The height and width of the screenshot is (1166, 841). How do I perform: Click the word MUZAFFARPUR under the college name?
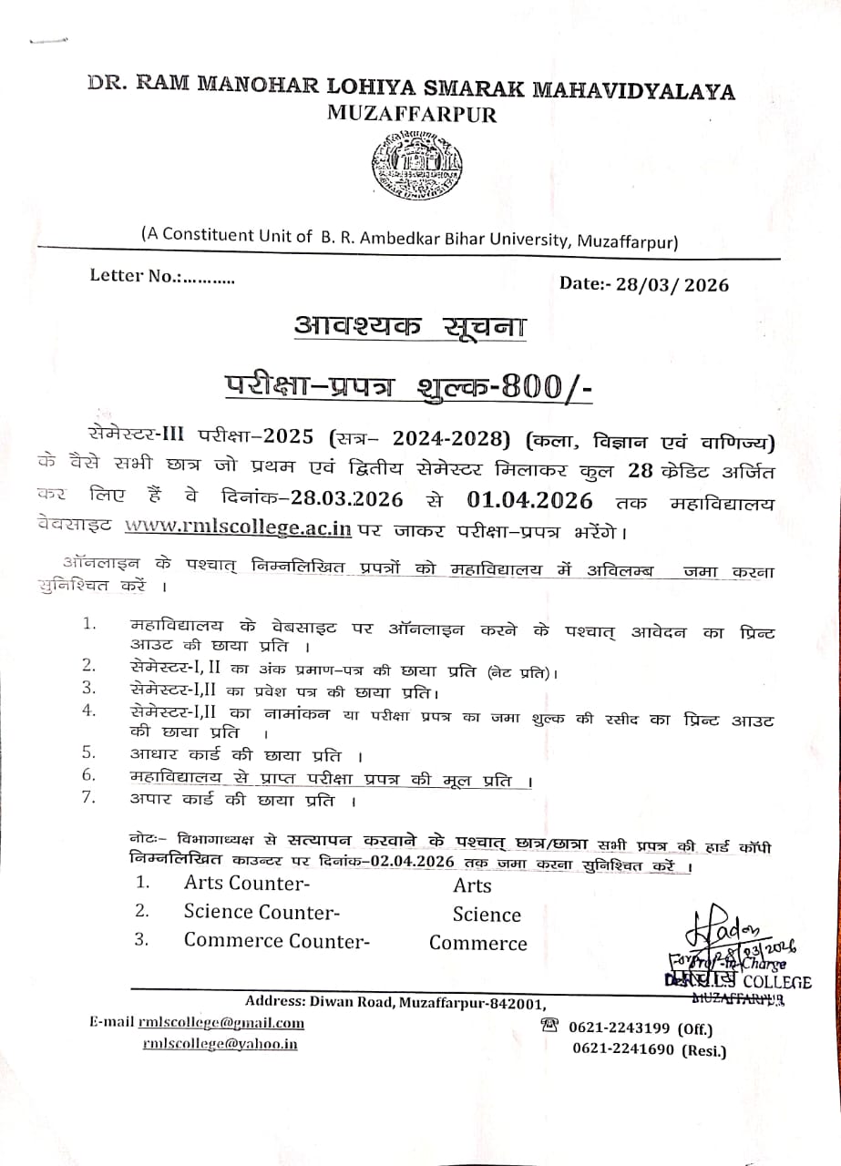(410, 114)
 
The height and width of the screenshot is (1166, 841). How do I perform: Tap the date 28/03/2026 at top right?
(677, 285)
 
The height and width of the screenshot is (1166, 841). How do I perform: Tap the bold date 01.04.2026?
(529, 500)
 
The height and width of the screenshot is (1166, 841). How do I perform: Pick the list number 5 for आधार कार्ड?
(89, 752)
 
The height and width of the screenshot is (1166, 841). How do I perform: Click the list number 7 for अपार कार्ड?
(89, 799)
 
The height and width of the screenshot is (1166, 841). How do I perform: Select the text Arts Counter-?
(246, 883)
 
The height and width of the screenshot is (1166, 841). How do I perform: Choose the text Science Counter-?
(262, 912)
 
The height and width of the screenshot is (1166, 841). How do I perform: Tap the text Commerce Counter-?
(276, 941)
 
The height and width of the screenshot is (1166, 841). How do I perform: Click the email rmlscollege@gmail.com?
(221, 1023)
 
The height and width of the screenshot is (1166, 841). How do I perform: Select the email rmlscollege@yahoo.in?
(220, 1044)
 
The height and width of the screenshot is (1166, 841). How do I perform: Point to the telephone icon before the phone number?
(549, 1026)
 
